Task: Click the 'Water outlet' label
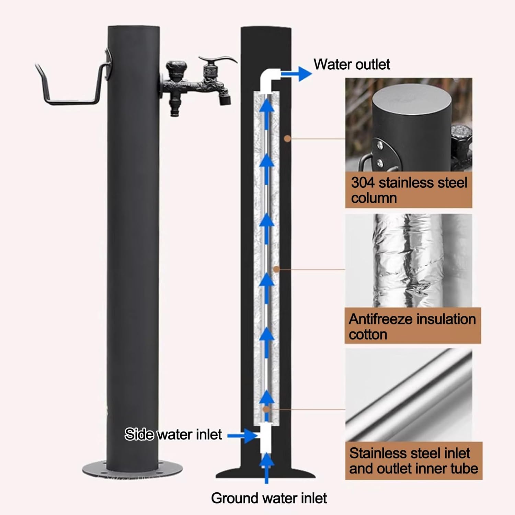(x=352, y=64)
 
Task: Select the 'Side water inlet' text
(x=173, y=434)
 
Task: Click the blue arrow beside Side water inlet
(x=242, y=435)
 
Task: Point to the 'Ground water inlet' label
(x=269, y=498)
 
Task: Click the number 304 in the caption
(x=363, y=183)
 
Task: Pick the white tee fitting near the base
(x=266, y=438)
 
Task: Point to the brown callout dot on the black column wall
(x=287, y=139)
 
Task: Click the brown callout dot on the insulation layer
(x=276, y=270)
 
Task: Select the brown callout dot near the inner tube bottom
(x=266, y=409)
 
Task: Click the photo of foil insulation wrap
(x=409, y=261)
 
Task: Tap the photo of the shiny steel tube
(x=409, y=395)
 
